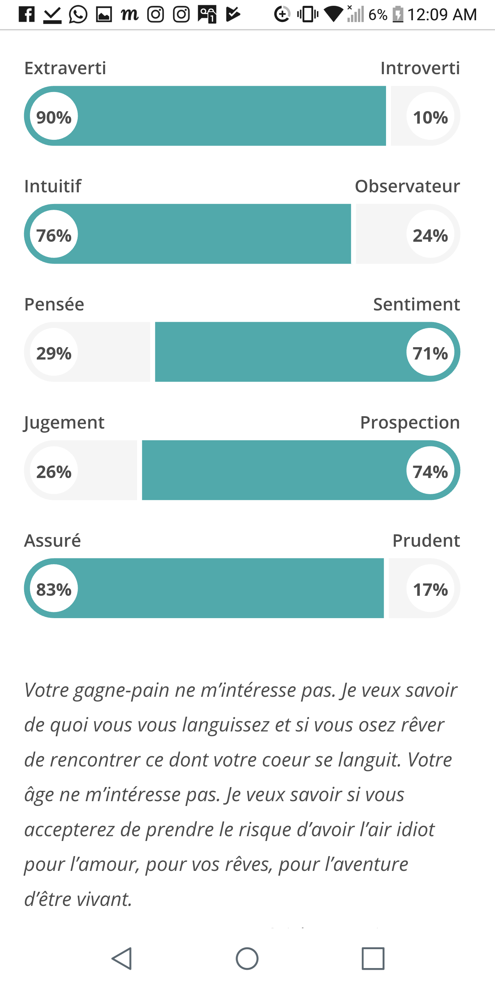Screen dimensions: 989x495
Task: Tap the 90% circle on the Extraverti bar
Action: click(x=54, y=116)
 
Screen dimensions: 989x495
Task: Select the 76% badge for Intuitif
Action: click(x=54, y=235)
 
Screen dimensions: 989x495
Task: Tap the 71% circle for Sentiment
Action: click(x=430, y=352)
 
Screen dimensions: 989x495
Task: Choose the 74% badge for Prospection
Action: click(x=430, y=471)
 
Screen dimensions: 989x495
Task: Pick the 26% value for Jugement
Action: click(x=54, y=471)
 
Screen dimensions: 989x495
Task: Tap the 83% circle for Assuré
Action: click(x=54, y=589)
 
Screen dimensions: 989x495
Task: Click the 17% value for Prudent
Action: click(x=430, y=589)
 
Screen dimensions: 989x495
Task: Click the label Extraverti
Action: click(x=65, y=68)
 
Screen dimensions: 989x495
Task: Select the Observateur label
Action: click(x=407, y=186)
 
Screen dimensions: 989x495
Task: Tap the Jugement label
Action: click(x=64, y=423)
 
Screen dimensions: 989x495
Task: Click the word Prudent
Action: click(x=426, y=540)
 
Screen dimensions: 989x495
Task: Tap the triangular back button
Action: click(x=122, y=958)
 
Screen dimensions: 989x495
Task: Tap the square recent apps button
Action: click(x=373, y=958)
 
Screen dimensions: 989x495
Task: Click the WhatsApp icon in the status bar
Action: click(x=78, y=14)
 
